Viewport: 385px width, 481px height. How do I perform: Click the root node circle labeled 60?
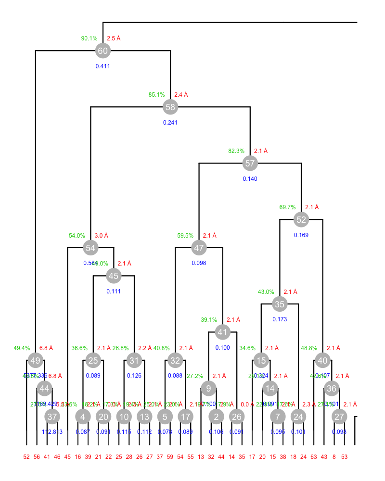[103, 51]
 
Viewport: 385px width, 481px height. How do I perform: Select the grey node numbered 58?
[170, 107]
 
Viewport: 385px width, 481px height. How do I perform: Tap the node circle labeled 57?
[250, 163]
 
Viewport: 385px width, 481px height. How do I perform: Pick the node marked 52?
[301, 220]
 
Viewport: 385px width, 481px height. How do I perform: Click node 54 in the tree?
[90, 248]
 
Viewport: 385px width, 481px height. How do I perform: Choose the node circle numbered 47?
[199, 248]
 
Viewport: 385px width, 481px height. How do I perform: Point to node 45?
[114, 276]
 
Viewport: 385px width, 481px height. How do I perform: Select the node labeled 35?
[280, 304]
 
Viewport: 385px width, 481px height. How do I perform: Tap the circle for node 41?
[222, 332]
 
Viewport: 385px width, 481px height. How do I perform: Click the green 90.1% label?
[90, 38]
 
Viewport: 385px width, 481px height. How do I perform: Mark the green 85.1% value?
[157, 95]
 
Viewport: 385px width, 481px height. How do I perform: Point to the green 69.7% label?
[288, 207]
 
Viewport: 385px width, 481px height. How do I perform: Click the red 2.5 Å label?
[114, 38]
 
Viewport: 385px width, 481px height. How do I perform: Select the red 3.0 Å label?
[102, 236]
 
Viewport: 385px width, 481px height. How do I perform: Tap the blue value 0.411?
[103, 66]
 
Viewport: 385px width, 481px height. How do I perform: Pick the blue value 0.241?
[170, 122]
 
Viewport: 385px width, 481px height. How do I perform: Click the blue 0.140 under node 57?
[250, 179]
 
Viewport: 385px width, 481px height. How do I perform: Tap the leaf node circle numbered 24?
[299, 417]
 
